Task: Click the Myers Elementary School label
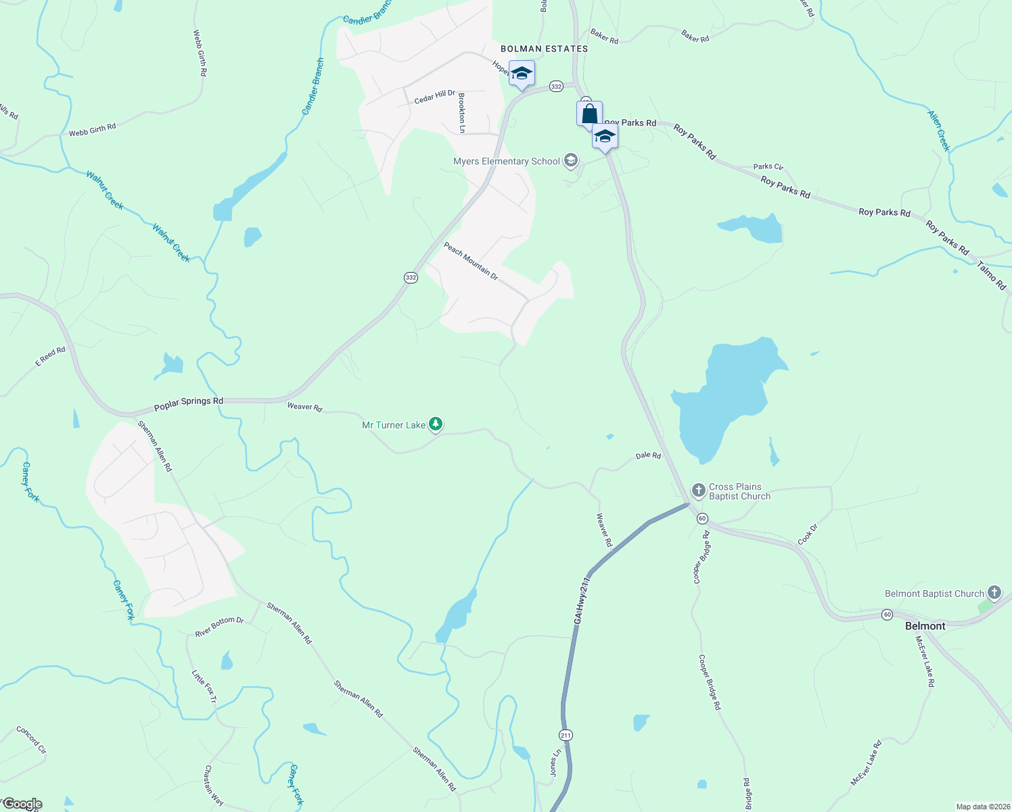pyautogui.click(x=507, y=161)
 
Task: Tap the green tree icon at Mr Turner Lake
pyautogui.click(x=436, y=424)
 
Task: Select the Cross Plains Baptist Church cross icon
pyautogui.click(x=699, y=489)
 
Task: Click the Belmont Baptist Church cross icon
pyautogui.click(x=994, y=593)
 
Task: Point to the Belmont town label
pyautogui.click(x=925, y=626)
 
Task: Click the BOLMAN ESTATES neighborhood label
pyautogui.click(x=544, y=49)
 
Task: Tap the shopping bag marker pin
pyautogui.click(x=589, y=114)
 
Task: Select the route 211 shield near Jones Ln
pyautogui.click(x=566, y=735)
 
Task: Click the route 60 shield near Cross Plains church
pyautogui.click(x=702, y=518)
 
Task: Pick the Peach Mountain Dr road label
pyautogui.click(x=471, y=262)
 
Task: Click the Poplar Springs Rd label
pyautogui.click(x=189, y=403)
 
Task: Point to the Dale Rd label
pyautogui.click(x=648, y=456)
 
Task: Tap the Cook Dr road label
pyautogui.click(x=807, y=534)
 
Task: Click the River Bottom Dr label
pyautogui.click(x=219, y=627)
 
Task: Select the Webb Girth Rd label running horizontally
pyautogui.click(x=92, y=129)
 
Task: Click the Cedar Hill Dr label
pyautogui.click(x=434, y=97)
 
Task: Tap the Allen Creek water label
pyautogui.click(x=939, y=131)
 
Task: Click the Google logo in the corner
pyautogui.click(x=22, y=804)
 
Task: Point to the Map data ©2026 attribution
pyautogui.click(x=982, y=807)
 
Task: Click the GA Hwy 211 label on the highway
pyautogui.click(x=582, y=600)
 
